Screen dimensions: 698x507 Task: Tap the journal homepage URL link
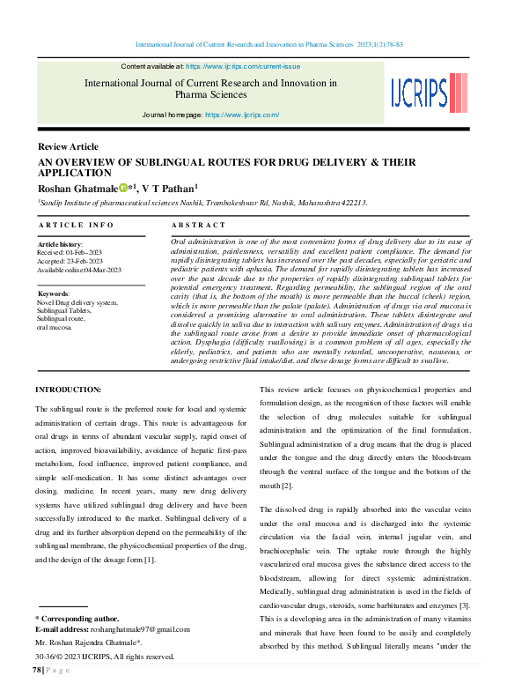point(242,115)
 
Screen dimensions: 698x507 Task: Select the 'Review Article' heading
point(68,146)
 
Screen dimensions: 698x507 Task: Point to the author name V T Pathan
point(169,188)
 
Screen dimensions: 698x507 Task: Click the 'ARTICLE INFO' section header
point(76,226)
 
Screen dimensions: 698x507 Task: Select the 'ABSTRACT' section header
point(199,226)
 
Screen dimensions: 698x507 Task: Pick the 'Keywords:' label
point(54,293)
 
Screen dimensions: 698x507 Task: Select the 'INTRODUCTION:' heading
point(68,390)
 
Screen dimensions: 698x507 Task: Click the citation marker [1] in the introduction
point(150,560)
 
